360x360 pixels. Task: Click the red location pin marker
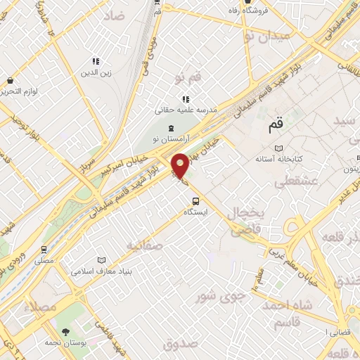[181, 166]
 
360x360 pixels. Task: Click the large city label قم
[275, 127]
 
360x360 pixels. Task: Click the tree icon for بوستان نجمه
[67, 330]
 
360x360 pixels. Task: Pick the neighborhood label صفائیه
[144, 245]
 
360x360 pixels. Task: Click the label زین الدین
[96, 72]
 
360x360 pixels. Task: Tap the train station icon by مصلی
[44, 249]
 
